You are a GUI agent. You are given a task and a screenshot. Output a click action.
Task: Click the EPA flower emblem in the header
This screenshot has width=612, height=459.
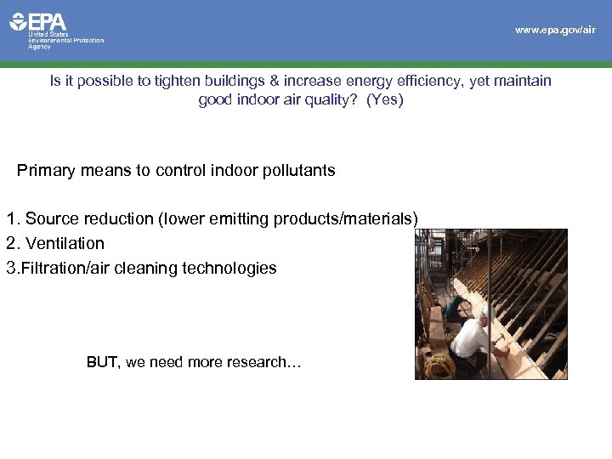[19, 21]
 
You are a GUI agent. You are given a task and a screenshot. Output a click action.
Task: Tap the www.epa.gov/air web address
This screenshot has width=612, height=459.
[555, 30]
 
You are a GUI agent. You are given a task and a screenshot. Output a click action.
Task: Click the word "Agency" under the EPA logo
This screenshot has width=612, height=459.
[40, 47]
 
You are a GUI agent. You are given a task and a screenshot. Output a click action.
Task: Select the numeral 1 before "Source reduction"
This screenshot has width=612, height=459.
[11, 219]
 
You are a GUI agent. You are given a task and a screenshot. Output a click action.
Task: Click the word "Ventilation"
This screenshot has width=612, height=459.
[65, 243]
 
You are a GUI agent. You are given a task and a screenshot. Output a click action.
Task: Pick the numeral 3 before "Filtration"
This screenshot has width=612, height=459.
[11, 269]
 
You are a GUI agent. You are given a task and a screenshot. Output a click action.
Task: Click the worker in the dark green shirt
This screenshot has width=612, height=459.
[455, 306]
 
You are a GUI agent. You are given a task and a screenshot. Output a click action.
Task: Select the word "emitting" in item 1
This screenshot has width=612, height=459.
[241, 219]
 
